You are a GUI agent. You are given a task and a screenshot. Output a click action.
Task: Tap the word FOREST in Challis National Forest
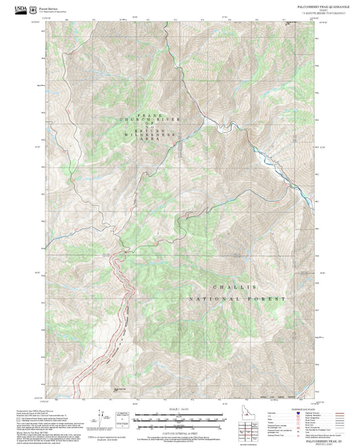271,298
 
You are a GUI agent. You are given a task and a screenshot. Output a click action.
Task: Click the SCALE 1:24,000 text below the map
180,409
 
